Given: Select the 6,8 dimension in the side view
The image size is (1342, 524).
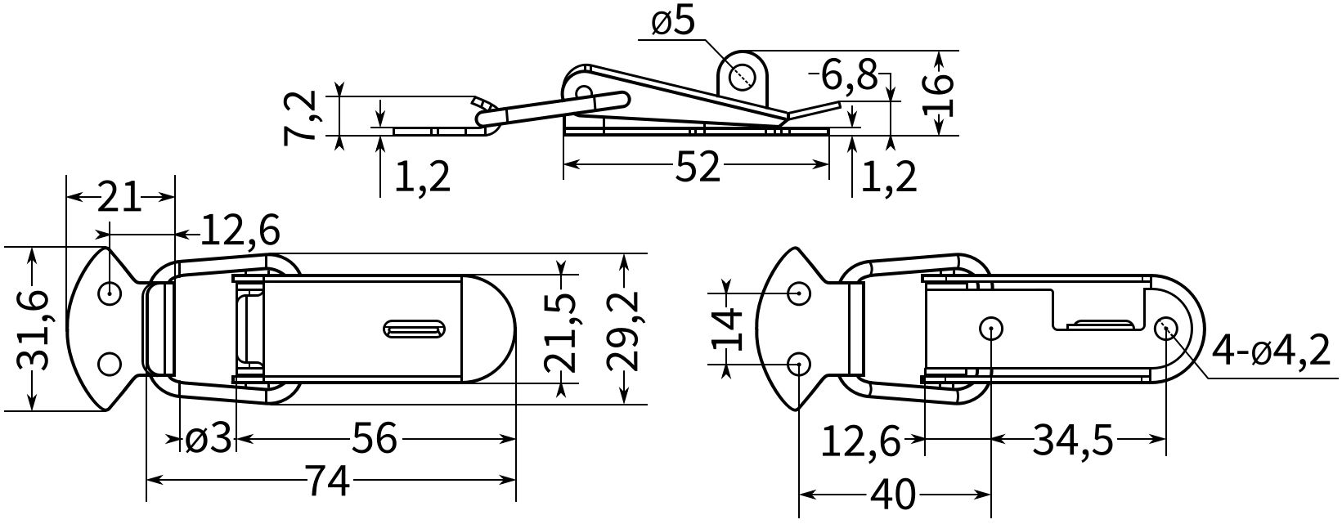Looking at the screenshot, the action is pos(848,75).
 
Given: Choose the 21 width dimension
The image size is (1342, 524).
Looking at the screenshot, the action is pos(119,197).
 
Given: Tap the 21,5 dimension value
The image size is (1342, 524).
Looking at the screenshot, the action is pos(561,332).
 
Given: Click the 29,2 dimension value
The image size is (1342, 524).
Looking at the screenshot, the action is pos(623,330).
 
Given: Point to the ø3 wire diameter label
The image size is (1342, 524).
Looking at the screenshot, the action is pos(207,439).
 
